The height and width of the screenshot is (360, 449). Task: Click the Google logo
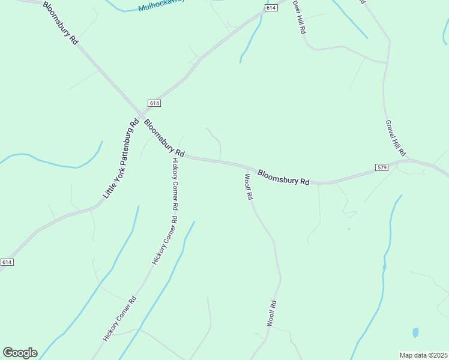click(x=20, y=352)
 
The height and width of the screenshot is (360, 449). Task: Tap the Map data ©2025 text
click(x=423, y=355)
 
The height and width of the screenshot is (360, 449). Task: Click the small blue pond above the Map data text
click(x=415, y=332)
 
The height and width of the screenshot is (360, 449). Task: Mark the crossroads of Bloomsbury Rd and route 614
click(x=140, y=114)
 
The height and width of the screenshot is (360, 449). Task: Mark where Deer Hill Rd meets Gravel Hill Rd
click(x=386, y=62)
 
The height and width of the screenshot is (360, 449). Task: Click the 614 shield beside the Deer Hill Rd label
click(x=271, y=7)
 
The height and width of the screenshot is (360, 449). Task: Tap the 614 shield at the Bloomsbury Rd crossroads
click(x=154, y=103)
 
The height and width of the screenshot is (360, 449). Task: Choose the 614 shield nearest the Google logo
click(x=7, y=262)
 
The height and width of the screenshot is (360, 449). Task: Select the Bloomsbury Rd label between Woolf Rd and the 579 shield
click(x=283, y=177)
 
